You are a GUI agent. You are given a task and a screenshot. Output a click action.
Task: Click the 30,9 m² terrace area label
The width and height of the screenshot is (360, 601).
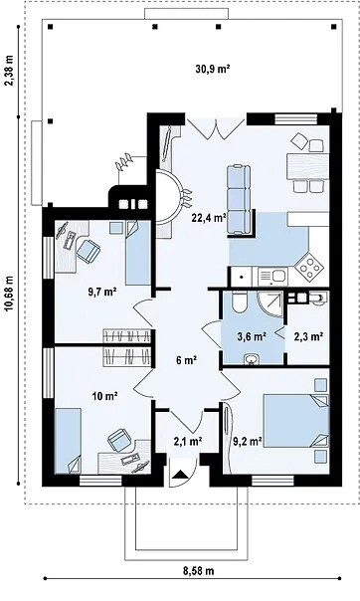pyautogui.click(x=213, y=69)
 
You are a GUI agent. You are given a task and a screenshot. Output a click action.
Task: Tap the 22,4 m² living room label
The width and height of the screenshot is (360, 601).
pyautogui.click(x=208, y=218)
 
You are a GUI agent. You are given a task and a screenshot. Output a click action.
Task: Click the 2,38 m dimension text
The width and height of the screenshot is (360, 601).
pyautogui.click(x=9, y=71)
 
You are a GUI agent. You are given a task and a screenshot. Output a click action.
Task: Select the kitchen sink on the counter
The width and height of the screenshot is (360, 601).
pyautogui.click(x=272, y=276)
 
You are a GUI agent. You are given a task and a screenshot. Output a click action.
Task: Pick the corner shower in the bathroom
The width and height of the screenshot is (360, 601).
pyautogui.click(x=270, y=303)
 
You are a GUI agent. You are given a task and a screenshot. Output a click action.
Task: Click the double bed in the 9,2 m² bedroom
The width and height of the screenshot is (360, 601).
pyautogui.click(x=296, y=421)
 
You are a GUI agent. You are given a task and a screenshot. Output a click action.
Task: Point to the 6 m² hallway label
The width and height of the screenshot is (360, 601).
pyautogui.click(x=187, y=360)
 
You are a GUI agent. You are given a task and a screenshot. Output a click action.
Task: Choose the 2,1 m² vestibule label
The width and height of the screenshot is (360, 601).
pyautogui.click(x=188, y=442)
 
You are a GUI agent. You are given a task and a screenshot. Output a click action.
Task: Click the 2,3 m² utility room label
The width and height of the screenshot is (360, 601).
pyautogui.click(x=307, y=336)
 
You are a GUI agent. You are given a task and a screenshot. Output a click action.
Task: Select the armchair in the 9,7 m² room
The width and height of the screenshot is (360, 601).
pyautogui.click(x=89, y=251)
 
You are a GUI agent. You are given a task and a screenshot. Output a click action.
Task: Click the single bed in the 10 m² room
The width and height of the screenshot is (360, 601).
pyautogui.click(x=68, y=441)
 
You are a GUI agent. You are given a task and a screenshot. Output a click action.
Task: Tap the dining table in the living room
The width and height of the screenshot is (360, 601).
pyautogui.click(x=307, y=165)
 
